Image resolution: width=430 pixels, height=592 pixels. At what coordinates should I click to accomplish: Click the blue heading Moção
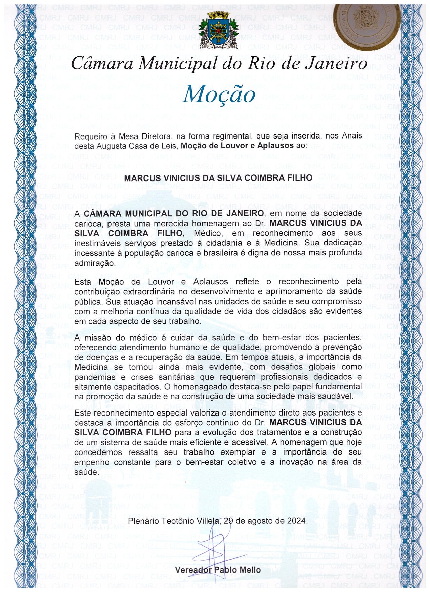coord(219,94)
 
